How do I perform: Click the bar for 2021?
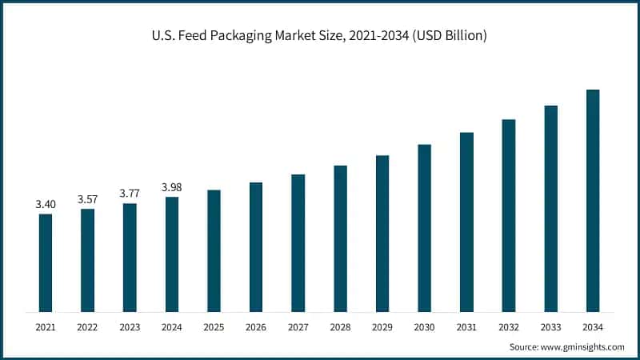46,262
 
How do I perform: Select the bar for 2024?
172,254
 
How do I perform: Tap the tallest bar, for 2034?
593,200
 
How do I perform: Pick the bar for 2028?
340,238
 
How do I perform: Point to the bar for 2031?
466,222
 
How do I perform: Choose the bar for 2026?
256,246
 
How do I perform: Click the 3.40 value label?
46,205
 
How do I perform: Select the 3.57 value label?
87,199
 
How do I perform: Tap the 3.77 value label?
130,194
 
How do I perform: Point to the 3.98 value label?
172,187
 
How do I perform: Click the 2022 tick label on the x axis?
87,327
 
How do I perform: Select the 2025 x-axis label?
214,327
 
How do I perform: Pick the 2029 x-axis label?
382,327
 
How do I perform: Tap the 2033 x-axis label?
550,327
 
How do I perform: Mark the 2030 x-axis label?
424,327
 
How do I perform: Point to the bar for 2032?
509,215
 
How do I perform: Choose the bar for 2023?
130,257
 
